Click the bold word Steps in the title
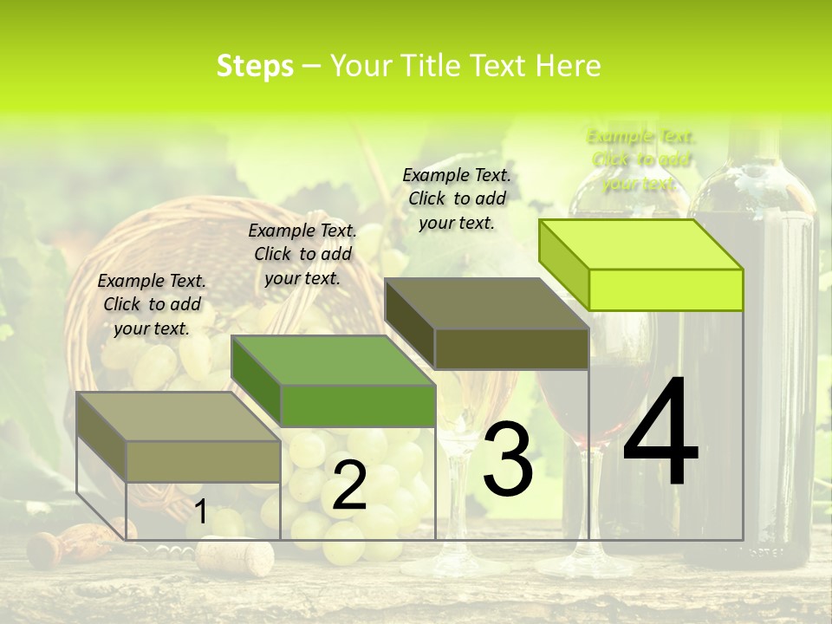pos(255,66)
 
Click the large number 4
pos(660,433)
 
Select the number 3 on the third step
pos(508,460)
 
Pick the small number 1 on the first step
pos(200,512)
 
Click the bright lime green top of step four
pos(640,244)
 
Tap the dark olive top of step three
pos(485,303)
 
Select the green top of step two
pos(332,360)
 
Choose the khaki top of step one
pos(178,416)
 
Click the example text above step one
pos(152,304)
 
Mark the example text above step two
pos(302,254)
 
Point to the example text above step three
pos(457,198)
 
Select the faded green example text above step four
pos(641,159)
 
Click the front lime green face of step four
pos(666,289)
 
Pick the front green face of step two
pos(357,406)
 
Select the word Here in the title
pos(568,66)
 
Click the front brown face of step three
pos(511,349)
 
